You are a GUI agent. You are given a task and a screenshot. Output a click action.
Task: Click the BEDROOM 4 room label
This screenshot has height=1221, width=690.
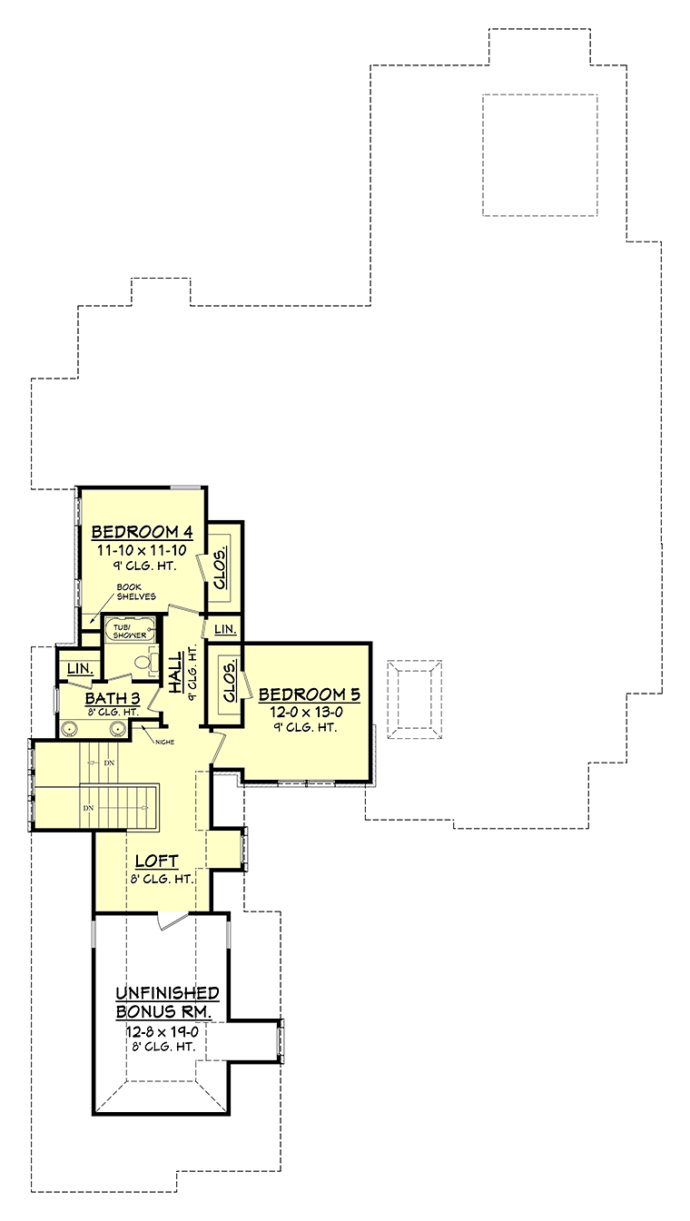pos(142,531)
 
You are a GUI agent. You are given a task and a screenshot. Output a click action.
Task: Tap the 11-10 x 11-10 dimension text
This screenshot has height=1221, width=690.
pos(142,550)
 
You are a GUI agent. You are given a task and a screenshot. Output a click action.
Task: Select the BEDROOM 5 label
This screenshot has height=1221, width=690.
pos(309,694)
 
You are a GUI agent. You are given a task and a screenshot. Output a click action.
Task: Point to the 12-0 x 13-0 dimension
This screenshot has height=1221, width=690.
pos(306,713)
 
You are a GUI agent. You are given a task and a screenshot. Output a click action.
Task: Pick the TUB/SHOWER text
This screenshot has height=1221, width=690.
pos(129,631)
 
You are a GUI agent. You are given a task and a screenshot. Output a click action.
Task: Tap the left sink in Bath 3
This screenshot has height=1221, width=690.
pos(69,729)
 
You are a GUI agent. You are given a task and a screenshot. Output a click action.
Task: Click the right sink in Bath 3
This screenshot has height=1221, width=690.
pos(116,729)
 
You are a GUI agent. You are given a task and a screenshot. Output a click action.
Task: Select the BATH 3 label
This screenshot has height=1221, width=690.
pos(113,698)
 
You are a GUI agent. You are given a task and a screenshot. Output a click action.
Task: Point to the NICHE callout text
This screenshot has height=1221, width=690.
pos(164,742)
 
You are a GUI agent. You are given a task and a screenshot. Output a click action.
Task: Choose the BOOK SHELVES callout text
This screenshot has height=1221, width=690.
pos(136,592)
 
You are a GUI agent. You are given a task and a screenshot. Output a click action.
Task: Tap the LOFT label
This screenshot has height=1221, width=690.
pos(156,862)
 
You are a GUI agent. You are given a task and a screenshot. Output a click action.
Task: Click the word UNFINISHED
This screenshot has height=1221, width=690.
pos(167,993)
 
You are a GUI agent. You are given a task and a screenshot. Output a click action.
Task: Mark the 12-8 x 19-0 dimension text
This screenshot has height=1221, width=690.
pos(163,1031)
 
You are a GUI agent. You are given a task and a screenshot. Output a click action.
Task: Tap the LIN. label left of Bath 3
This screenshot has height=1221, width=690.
pos(81,668)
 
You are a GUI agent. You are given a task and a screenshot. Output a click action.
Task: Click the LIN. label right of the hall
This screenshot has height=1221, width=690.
pos(225,629)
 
